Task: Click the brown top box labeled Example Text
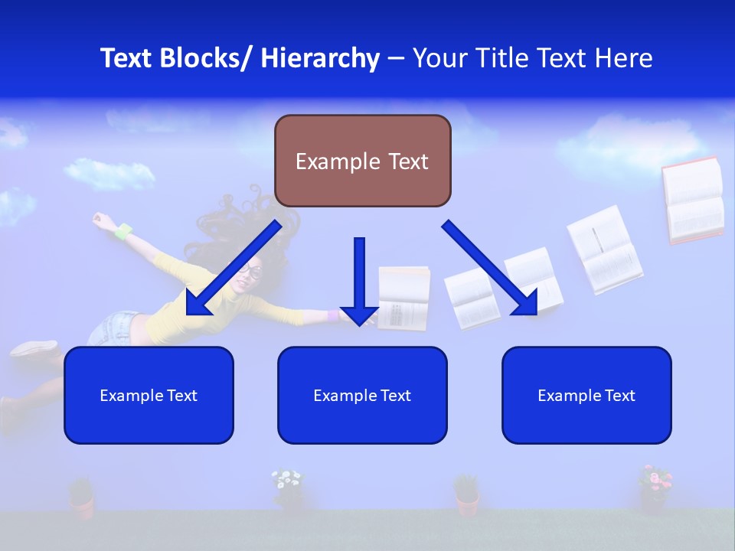click(362, 161)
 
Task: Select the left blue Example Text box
click(149, 395)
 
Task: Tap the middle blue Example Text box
click(362, 395)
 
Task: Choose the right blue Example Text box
click(586, 395)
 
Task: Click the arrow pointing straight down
click(359, 279)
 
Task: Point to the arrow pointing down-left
click(234, 268)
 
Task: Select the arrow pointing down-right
click(490, 268)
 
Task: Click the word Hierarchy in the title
click(320, 58)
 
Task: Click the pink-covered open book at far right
click(693, 201)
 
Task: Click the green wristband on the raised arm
click(123, 229)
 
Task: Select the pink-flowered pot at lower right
click(655, 487)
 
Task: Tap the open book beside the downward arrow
click(404, 298)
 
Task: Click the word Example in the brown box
click(337, 161)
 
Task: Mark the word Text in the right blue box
click(620, 395)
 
